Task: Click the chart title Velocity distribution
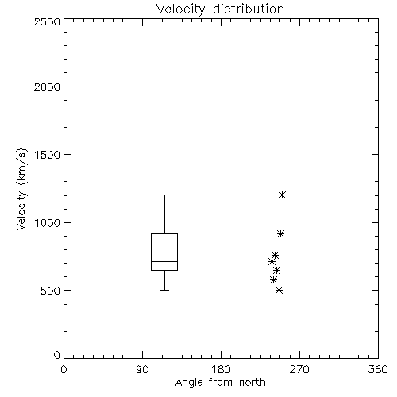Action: tap(220, 10)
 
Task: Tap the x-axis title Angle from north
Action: tap(220, 383)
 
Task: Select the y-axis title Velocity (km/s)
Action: tap(21, 189)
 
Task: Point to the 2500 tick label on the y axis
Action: tap(47, 21)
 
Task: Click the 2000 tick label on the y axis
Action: tap(47, 87)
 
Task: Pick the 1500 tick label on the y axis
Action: tap(48, 155)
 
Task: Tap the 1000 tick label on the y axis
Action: tap(48, 223)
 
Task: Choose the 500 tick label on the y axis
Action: tap(51, 291)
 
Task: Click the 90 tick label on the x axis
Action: tap(142, 369)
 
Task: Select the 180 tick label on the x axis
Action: tap(221, 369)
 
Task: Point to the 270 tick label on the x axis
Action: tap(299, 369)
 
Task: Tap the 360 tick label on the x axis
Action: tap(378, 369)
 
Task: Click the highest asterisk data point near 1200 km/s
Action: tap(282, 195)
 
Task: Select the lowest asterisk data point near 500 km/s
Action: tap(279, 291)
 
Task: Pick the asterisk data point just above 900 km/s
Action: tap(280, 234)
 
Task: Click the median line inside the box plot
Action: tap(164, 261)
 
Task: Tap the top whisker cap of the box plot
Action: tap(164, 195)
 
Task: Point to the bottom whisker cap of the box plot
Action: tap(164, 290)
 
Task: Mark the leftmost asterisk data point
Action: tap(272, 262)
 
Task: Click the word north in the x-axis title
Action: tap(252, 383)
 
